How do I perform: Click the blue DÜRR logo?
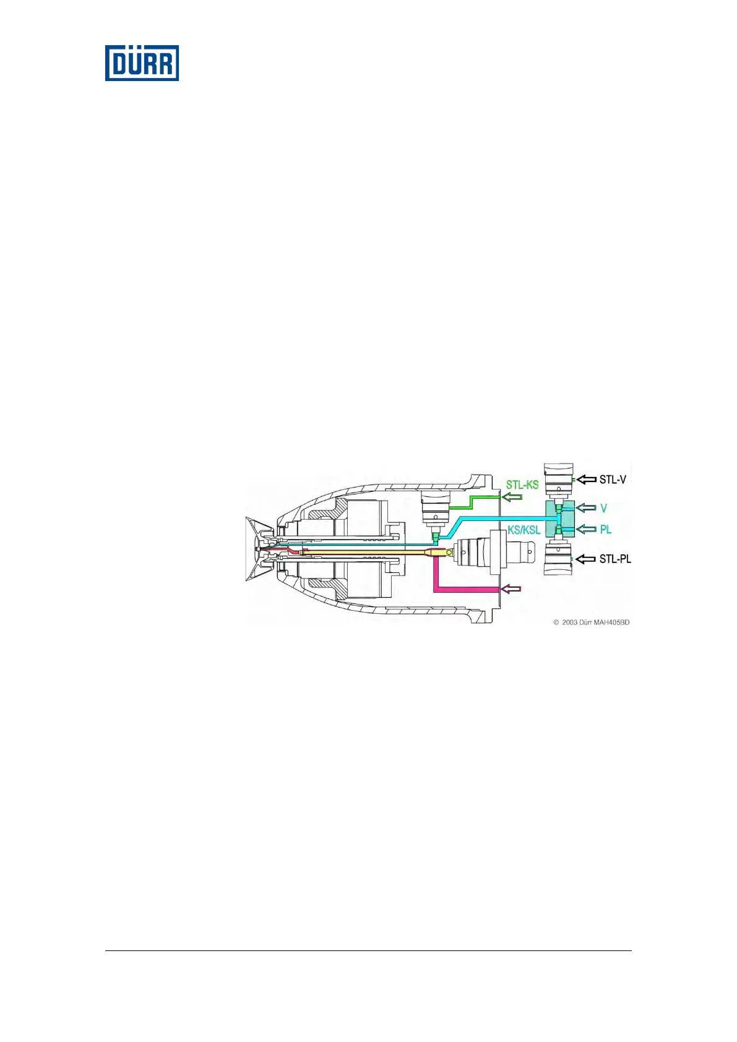(x=142, y=62)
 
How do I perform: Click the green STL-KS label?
(x=522, y=484)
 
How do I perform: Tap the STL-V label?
(x=613, y=479)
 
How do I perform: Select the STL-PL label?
(x=614, y=559)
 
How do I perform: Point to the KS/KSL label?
(x=524, y=530)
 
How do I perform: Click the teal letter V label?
(x=603, y=508)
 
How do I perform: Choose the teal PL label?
(x=605, y=530)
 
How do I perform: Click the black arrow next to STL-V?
(x=586, y=480)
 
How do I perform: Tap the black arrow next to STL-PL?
(x=586, y=559)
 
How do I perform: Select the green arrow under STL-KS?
(x=511, y=497)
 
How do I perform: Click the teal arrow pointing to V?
(x=586, y=508)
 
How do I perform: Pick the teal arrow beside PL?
(x=586, y=530)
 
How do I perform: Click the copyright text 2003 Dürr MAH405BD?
(x=591, y=622)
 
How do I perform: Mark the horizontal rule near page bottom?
(x=368, y=950)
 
